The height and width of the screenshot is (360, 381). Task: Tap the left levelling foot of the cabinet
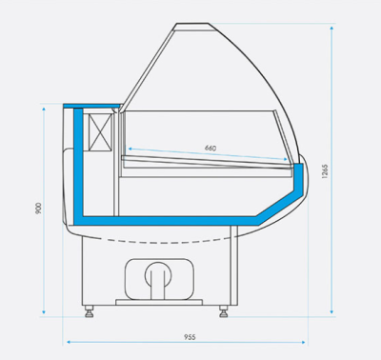(89, 309)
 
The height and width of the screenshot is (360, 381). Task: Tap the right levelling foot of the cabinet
(225, 309)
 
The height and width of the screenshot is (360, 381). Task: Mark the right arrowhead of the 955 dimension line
(307, 342)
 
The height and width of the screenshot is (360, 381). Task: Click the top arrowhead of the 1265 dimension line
(331, 30)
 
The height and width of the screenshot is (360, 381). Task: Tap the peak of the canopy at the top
(181, 26)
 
